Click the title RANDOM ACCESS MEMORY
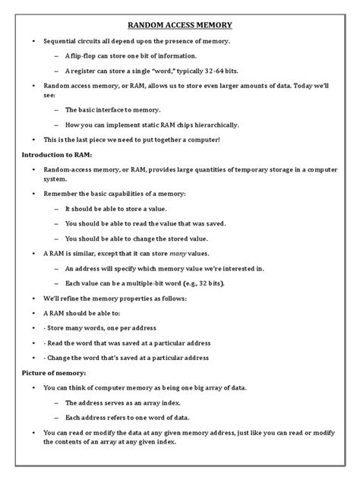[x=180, y=24]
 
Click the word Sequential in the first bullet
[x=63, y=39]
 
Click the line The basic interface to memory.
[x=116, y=109]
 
